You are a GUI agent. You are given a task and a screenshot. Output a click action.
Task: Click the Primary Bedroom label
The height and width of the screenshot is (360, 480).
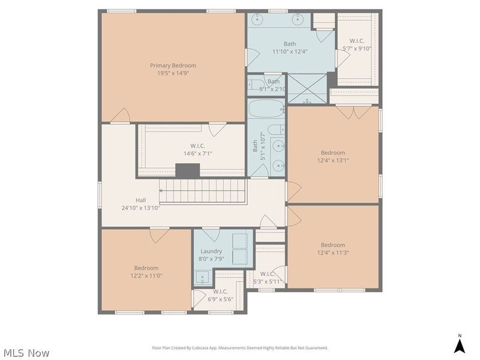coord(173,65)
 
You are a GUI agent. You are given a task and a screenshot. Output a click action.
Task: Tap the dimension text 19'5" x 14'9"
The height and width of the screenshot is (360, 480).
coord(173,73)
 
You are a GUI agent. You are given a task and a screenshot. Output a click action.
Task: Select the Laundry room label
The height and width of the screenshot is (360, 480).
coord(211,251)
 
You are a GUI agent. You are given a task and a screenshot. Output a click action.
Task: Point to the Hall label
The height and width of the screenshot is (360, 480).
coord(140,200)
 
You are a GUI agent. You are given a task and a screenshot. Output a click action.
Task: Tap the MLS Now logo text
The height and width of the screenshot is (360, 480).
coord(26,353)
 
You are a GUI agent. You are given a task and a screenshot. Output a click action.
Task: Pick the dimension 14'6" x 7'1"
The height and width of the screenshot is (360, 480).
coord(198,154)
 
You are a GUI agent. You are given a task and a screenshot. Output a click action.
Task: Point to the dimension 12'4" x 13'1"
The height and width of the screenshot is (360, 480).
coord(333,160)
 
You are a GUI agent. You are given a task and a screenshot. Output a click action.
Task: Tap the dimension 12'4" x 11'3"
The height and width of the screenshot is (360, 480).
coord(333,253)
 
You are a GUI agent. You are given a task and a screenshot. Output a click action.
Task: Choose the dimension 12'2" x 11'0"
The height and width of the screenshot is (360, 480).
coord(146,276)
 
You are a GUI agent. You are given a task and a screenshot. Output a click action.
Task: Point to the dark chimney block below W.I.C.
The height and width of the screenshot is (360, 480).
coord(187,170)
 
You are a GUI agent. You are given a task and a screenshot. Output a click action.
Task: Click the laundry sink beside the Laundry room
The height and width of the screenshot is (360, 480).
coord(203,278)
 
